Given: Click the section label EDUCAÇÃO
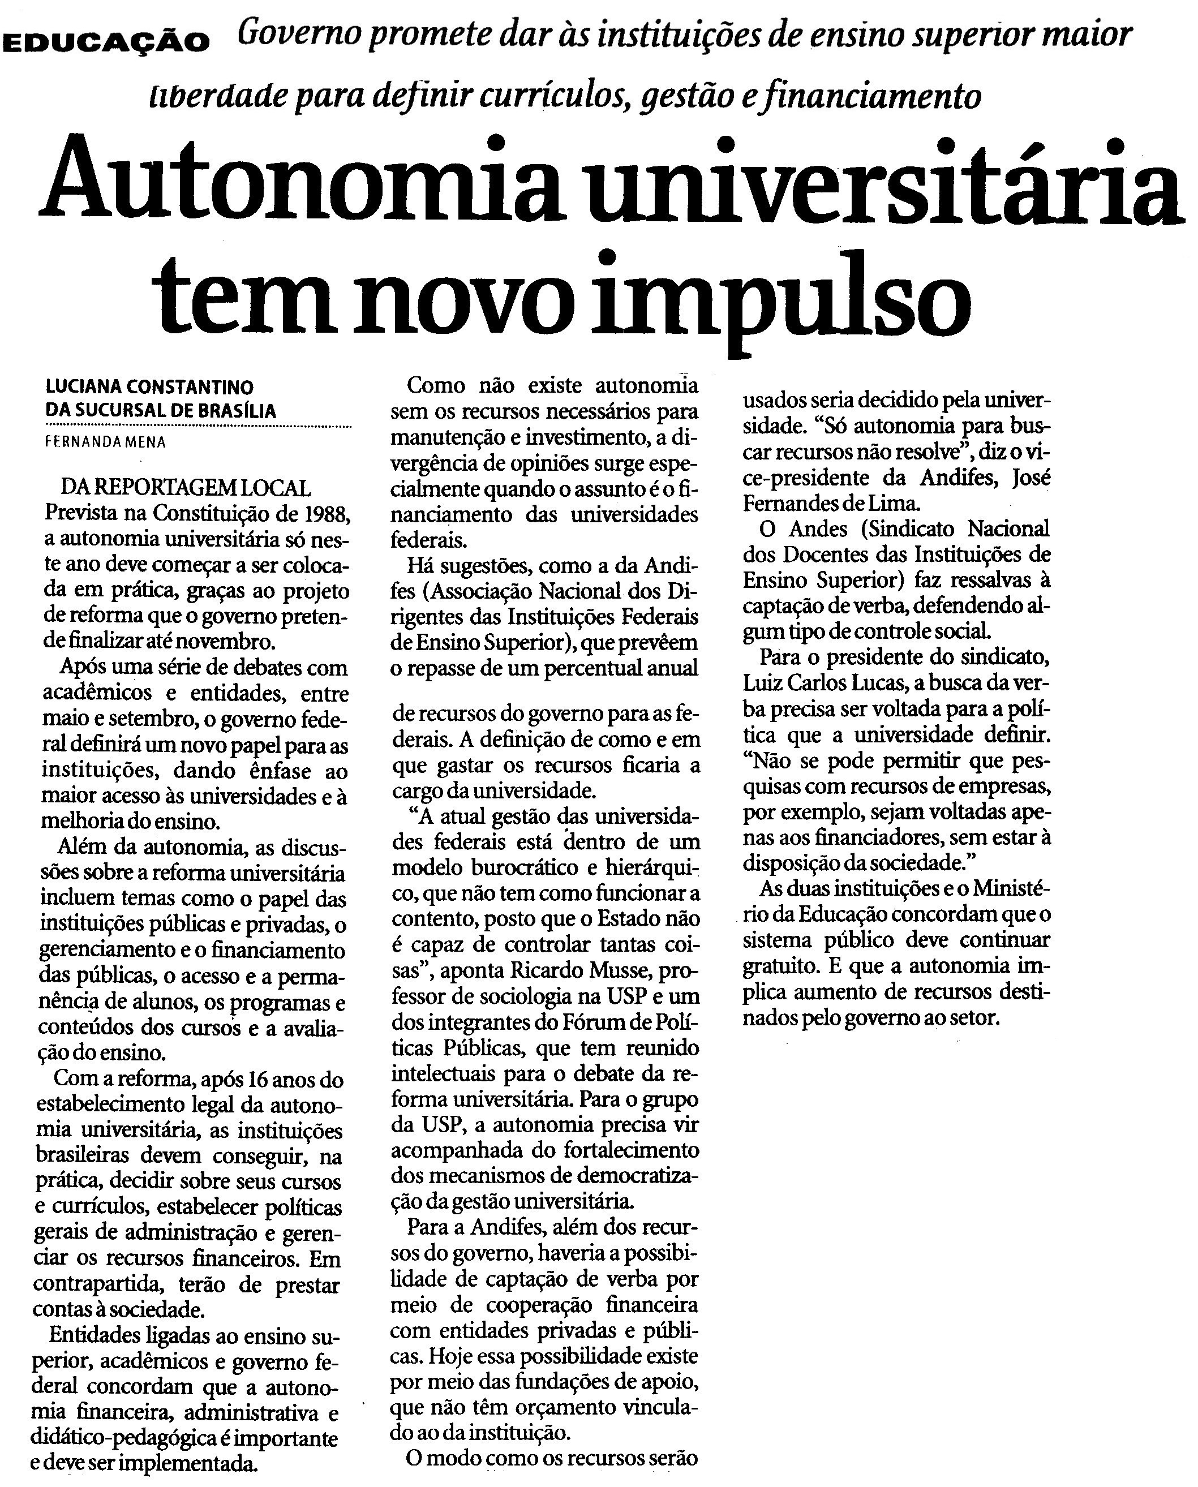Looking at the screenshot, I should click(x=106, y=42).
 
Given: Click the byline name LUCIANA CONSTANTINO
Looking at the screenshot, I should click(x=149, y=386).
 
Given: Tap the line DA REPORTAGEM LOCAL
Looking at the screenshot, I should click(x=186, y=488).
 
